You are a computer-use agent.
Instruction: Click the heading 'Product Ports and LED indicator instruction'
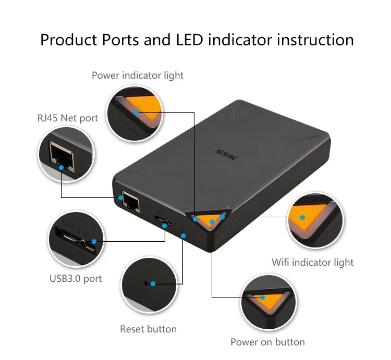(x=197, y=40)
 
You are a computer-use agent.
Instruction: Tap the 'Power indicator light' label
(x=138, y=76)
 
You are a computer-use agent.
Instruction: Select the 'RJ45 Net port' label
(x=67, y=118)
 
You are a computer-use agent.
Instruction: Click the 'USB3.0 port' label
(x=76, y=278)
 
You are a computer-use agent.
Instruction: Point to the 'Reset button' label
(x=148, y=329)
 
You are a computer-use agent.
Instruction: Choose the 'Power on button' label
(x=267, y=342)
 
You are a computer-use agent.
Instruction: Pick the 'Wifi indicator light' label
(x=313, y=263)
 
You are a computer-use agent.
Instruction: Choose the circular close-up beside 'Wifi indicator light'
(x=314, y=220)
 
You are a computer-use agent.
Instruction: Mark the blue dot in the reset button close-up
(x=153, y=284)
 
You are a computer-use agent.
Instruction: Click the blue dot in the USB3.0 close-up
(x=94, y=241)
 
